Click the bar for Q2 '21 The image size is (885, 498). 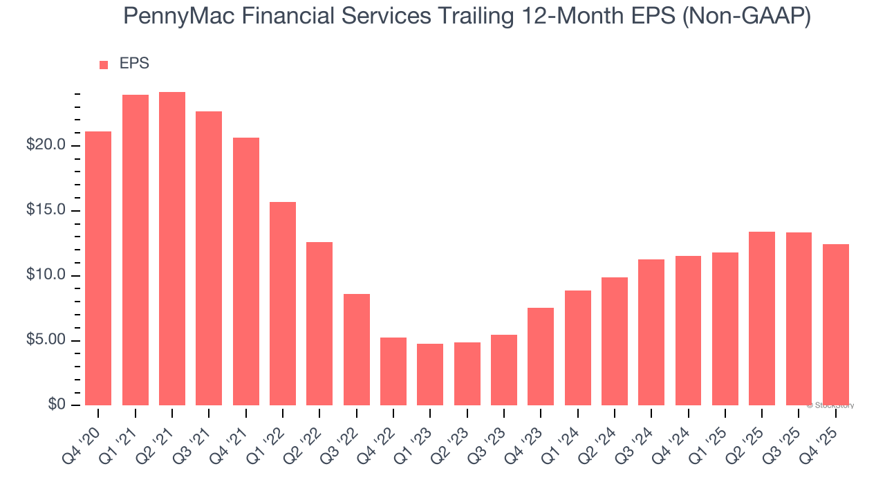coord(172,249)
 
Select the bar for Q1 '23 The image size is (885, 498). coord(430,374)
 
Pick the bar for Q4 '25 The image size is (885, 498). coord(835,324)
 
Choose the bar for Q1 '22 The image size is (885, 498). coord(283,304)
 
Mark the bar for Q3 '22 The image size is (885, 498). coord(357,349)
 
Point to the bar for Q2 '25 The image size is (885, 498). coord(762,318)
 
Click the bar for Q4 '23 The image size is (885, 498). coord(541,356)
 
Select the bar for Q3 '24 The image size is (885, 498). coord(651,332)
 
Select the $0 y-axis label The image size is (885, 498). coord(57,405)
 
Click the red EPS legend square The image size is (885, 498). coord(104,65)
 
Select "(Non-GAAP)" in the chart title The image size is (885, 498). coord(747,17)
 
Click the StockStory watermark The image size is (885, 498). coord(830,405)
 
